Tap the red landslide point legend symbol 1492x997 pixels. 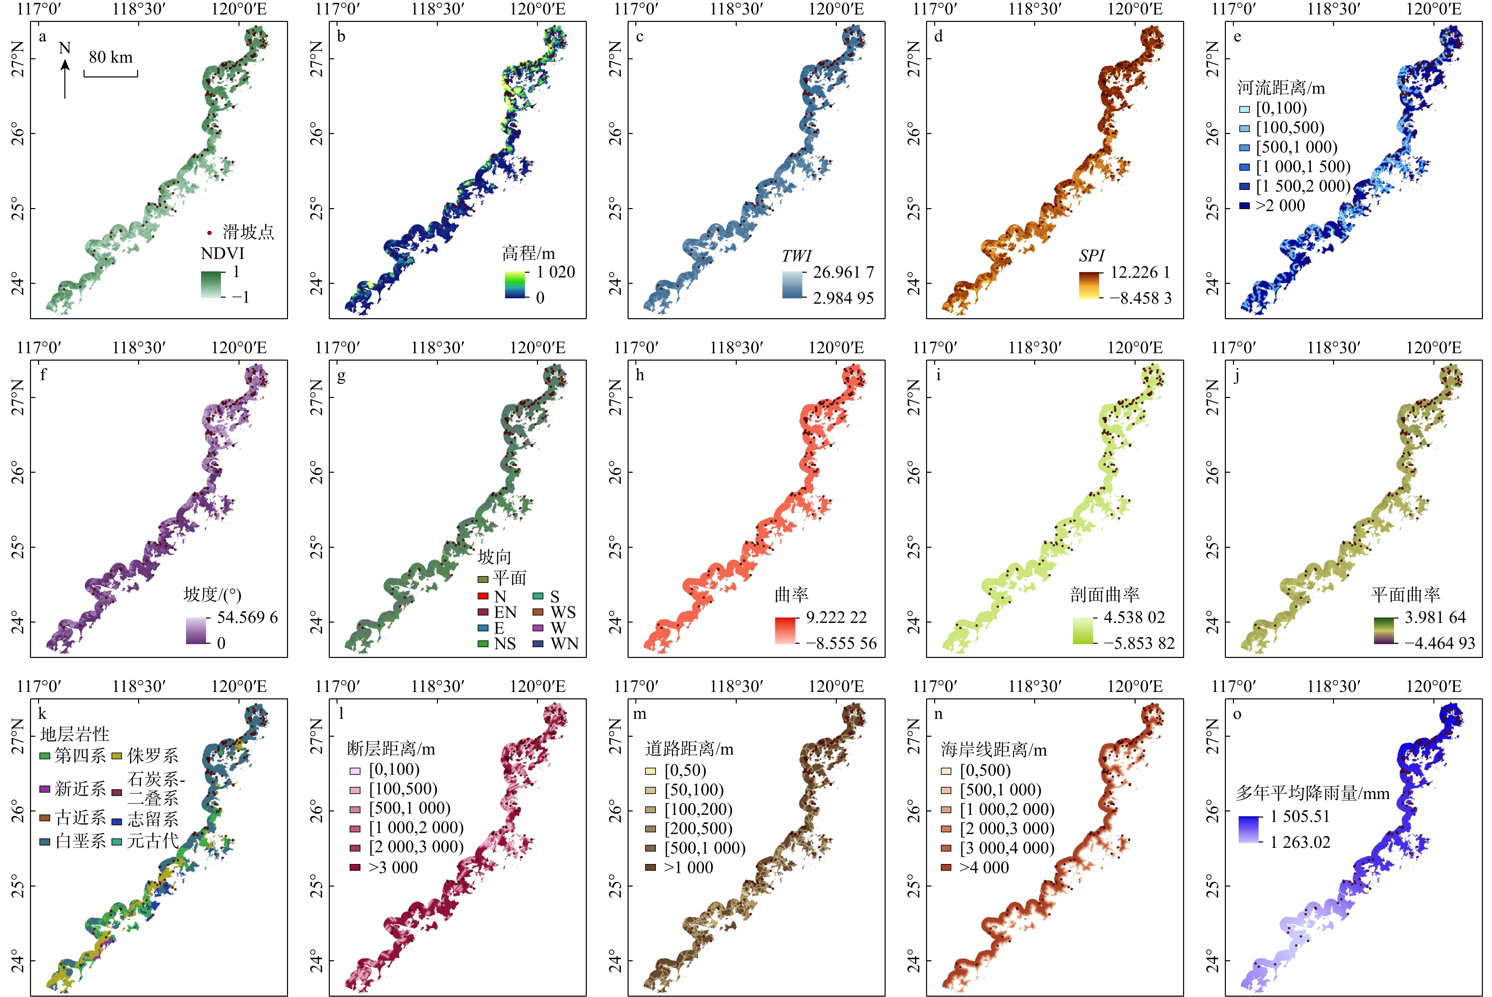coord(209,233)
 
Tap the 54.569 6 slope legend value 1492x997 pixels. coord(247,618)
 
